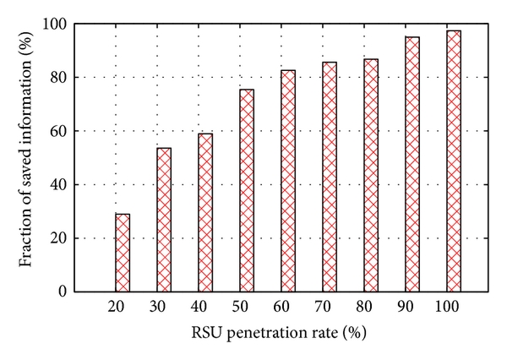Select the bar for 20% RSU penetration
click(x=123, y=253)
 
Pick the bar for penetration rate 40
click(x=205, y=212)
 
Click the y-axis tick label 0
click(x=63, y=292)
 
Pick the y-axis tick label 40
click(x=60, y=184)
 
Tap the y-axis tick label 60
click(x=60, y=131)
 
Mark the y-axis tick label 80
click(x=60, y=78)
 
